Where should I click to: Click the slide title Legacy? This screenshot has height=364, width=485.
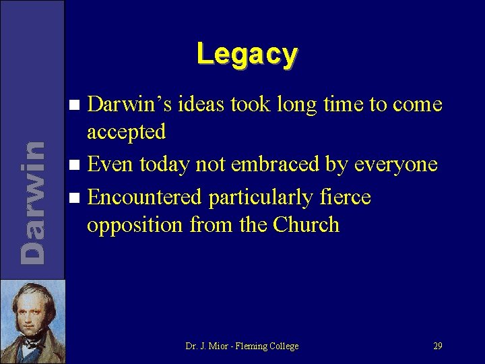point(247,53)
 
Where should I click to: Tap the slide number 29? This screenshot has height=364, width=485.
point(437,346)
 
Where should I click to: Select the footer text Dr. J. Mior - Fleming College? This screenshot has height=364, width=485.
point(242,346)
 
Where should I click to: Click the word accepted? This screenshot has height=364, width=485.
point(126,132)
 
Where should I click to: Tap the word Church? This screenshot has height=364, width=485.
point(306,224)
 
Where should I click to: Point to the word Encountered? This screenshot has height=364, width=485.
point(145,197)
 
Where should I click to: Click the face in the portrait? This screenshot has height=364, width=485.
point(31,311)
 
